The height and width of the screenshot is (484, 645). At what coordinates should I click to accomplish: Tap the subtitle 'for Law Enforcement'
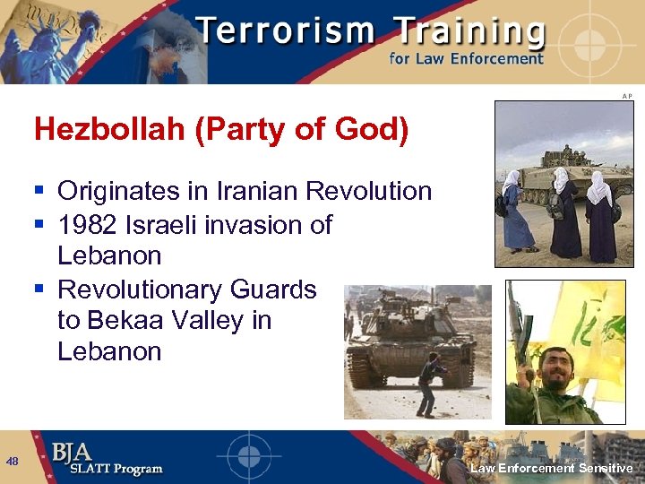(x=466, y=59)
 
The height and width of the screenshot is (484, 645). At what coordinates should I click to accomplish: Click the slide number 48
(x=12, y=462)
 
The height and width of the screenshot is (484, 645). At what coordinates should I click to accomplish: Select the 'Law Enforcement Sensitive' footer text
(x=552, y=469)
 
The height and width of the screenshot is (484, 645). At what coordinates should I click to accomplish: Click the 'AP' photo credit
(x=627, y=96)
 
